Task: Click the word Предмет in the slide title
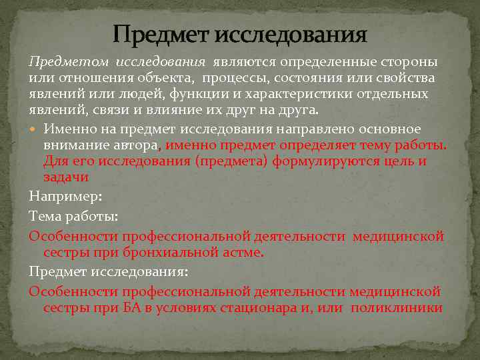point(156,33)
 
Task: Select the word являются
point(241,62)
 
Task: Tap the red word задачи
point(66,177)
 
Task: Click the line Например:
point(65,196)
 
